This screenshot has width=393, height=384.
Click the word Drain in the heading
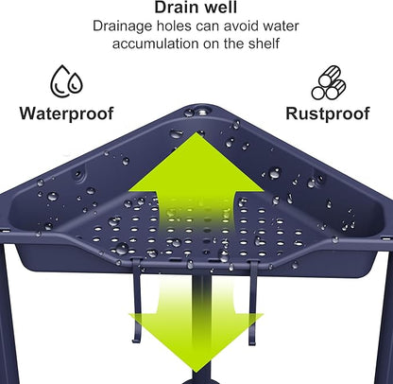pyautogui.click(x=175, y=7)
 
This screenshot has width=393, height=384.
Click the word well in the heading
pyautogui.click(x=219, y=7)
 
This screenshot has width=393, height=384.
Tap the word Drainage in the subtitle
pyautogui.click(x=123, y=26)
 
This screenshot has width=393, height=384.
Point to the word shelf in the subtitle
pyautogui.click(x=264, y=44)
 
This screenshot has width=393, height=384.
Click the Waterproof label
pyautogui.click(x=66, y=113)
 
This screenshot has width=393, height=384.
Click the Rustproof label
pyautogui.click(x=328, y=113)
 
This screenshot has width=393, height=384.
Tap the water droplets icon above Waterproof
pyautogui.click(x=66, y=81)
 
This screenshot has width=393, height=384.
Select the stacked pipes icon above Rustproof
pyautogui.click(x=329, y=83)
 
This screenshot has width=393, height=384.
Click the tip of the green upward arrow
pyautogui.click(x=196, y=133)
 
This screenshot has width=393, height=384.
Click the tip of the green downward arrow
pyautogui.click(x=196, y=373)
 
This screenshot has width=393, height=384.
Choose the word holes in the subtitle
pyautogui.click(x=174, y=26)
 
